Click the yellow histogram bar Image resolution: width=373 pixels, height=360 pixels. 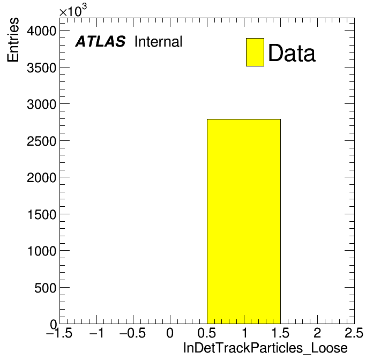(x=244, y=221)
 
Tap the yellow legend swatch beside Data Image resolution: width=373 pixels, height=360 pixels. (x=255, y=52)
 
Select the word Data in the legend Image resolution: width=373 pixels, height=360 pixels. (x=292, y=52)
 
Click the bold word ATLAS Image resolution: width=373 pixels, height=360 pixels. (x=100, y=41)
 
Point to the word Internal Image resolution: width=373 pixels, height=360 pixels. (x=159, y=41)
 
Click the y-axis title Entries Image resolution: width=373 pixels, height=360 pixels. (x=13, y=40)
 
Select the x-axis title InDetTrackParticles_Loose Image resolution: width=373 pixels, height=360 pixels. (x=265, y=348)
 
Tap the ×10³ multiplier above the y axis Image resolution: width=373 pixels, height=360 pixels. (x=73, y=11)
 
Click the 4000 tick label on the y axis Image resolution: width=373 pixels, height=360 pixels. (x=41, y=31)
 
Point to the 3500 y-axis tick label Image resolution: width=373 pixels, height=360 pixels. (x=41, y=67)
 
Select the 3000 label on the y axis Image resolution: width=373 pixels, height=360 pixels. (x=41, y=104)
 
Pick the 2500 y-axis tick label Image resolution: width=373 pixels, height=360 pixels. (x=41, y=141)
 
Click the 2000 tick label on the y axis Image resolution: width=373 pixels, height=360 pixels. (x=41, y=178)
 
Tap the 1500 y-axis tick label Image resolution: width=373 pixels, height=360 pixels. (x=42, y=214)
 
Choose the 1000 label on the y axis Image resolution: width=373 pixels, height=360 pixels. (x=42, y=251)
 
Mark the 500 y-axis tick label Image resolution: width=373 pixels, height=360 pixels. (x=45, y=288)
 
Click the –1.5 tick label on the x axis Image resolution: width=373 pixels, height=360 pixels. (x=59, y=333)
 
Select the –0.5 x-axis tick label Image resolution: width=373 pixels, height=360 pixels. (x=132, y=333)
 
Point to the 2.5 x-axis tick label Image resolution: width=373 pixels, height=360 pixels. (x=354, y=333)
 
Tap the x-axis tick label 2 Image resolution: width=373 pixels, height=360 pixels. (x=317, y=333)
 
